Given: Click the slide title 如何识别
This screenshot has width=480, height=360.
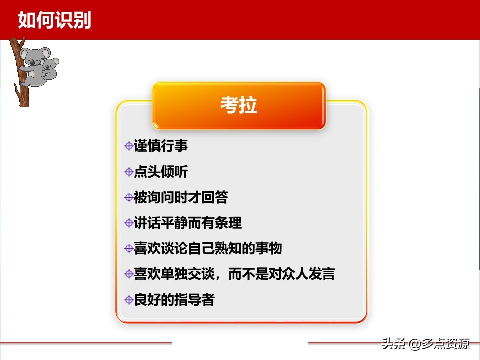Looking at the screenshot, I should [x=54, y=20].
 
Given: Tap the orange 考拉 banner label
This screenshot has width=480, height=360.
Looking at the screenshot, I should [x=239, y=106].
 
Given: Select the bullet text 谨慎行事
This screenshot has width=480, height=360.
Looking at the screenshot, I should [x=161, y=146].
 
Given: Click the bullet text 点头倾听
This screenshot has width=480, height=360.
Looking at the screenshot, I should [x=161, y=172].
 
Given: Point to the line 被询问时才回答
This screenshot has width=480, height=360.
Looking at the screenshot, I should [x=181, y=197].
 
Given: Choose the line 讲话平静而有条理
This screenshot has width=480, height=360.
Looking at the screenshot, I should [x=188, y=223].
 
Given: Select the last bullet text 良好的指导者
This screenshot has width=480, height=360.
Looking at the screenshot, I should [x=174, y=300].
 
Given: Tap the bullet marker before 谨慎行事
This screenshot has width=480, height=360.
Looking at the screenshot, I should [x=129, y=146].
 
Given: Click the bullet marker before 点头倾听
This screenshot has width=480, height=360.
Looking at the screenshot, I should [x=129, y=172].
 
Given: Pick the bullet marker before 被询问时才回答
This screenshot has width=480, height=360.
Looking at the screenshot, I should [x=129, y=197].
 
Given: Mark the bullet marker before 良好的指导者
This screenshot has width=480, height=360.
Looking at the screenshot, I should [x=129, y=300].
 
